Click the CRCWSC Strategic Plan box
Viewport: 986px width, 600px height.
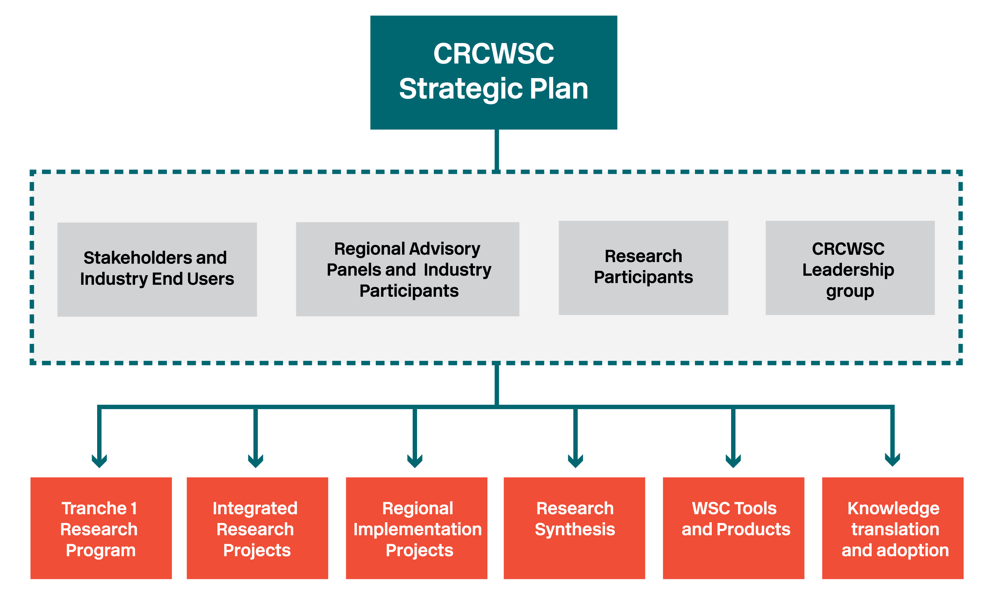[493, 72]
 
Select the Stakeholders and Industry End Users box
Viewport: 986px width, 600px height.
[157, 269]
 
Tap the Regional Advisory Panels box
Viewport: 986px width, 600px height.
[408, 269]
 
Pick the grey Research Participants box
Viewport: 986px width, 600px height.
[643, 268]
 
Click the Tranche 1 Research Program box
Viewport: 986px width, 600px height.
[101, 528]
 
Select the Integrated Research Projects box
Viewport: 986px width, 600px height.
[257, 528]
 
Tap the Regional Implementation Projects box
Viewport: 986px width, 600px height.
[417, 528]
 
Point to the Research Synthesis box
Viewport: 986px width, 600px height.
[574, 528]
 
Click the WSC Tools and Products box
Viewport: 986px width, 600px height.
[734, 528]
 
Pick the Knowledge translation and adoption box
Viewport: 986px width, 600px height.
[893, 528]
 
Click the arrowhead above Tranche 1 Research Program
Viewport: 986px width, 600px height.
[99, 461]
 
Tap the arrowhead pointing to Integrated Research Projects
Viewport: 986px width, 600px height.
[255, 461]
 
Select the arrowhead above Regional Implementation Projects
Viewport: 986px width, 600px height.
[414, 461]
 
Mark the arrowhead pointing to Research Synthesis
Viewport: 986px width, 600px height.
[575, 461]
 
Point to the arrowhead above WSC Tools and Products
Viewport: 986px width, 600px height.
[733, 461]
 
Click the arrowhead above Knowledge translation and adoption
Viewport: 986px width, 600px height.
[893, 460]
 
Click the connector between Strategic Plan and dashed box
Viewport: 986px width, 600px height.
[497, 150]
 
